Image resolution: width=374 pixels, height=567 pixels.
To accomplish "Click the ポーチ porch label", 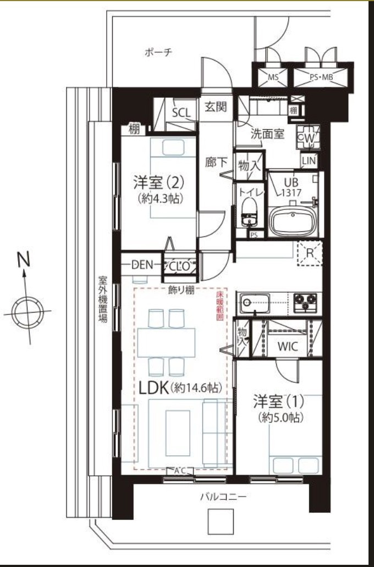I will coord(158,53).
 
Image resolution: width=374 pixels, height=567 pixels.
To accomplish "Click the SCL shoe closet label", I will coord(181,113).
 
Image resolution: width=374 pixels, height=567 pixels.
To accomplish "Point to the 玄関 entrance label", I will coord(216,107).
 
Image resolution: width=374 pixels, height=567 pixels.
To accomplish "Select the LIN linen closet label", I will coord(309,160).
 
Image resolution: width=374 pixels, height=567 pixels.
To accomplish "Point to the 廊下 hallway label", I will coord(216,163).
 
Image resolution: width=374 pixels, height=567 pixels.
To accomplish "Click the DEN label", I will coord(142,265).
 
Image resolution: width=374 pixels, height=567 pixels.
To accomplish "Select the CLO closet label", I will coord(179,266).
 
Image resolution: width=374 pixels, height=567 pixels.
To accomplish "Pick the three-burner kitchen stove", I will coord(305,302).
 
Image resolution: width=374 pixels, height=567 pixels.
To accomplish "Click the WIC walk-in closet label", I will coord(287,347).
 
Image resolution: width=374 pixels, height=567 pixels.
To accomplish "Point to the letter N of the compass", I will coord(23,259).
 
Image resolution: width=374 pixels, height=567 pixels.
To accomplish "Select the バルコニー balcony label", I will coord(223,497).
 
